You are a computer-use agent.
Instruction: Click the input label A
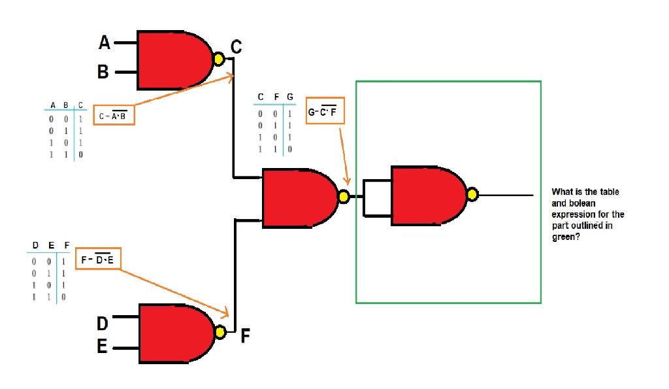(105, 43)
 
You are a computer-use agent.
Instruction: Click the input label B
(103, 72)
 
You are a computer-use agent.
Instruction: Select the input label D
(103, 323)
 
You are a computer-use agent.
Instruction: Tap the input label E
(103, 347)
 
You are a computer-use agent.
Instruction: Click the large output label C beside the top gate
(236, 47)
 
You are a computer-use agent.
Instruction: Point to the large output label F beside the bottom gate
(245, 337)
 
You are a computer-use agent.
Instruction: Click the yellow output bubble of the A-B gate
(220, 60)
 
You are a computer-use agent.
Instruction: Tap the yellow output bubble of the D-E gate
(220, 333)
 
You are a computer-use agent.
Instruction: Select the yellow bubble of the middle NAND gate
(343, 195)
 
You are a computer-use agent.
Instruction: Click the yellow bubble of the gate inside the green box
(472, 194)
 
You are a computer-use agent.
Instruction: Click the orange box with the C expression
(114, 115)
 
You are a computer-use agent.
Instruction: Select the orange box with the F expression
(97, 260)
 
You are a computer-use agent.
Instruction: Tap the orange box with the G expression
(325, 112)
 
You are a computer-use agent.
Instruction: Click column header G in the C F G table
(289, 97)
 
